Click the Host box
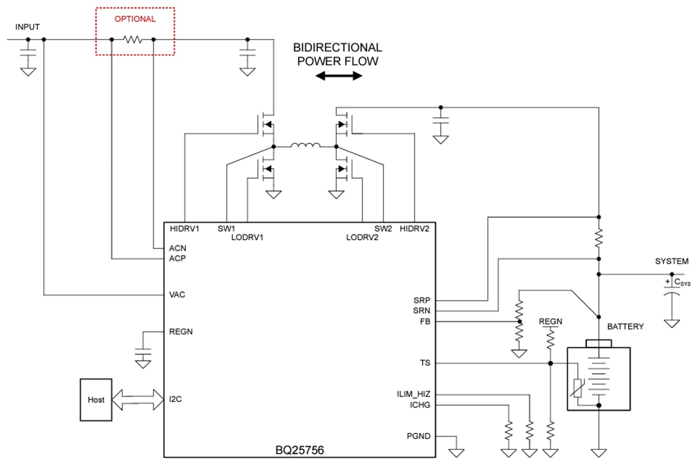[95, 400]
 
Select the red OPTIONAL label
[135, 19]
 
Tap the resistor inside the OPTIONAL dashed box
[133, 40]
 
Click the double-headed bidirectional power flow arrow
[339, 76]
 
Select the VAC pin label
[178, 294]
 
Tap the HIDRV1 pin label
[184, 228]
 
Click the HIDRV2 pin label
[414, 228]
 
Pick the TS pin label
[425, 363]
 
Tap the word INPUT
[27, 27]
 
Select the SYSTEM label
[672, 261]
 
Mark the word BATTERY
[625, 327]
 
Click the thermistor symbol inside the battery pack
[578, 387]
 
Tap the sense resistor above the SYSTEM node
[599, 238]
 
